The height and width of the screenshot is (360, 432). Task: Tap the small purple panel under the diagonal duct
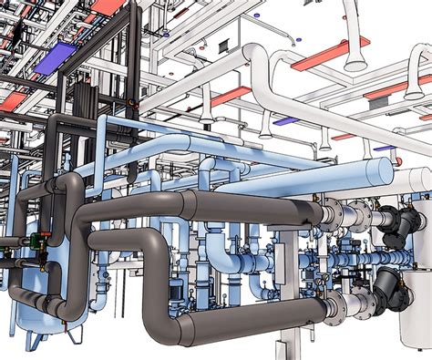[x=285, y=120]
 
